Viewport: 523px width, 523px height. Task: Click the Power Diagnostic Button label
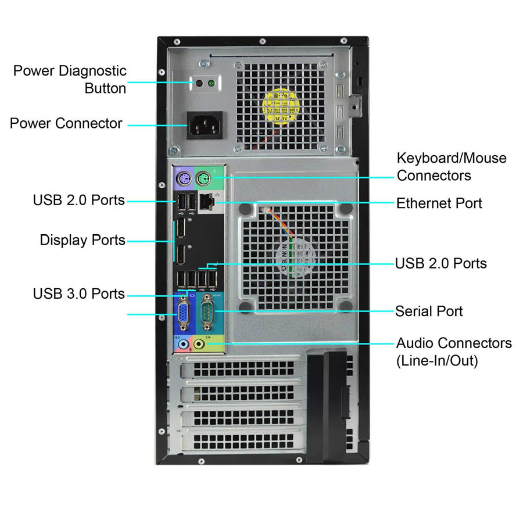click(70, 80)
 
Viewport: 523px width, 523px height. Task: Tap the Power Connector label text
click(66, 123)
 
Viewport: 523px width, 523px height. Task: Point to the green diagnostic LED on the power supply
click(211, 84)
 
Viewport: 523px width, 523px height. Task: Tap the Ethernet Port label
click(439, 203)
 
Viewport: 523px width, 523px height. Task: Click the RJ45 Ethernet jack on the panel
click(206, 202)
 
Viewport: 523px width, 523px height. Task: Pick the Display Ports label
click(83, 240)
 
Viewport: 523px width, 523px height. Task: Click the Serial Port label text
click(429, 311)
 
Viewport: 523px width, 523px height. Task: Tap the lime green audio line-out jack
click(199, 344)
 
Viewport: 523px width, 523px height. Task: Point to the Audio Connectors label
click(454, 352)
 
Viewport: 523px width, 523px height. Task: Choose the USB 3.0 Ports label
click(78, 293)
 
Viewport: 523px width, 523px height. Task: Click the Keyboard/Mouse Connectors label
click(451, 166)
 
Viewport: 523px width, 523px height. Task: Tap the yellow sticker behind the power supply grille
click(283, 106)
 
